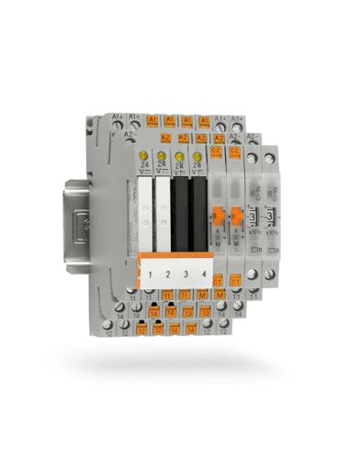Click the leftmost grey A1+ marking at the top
click(x=118, y=117)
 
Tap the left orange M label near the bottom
click(x=201, y=296)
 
